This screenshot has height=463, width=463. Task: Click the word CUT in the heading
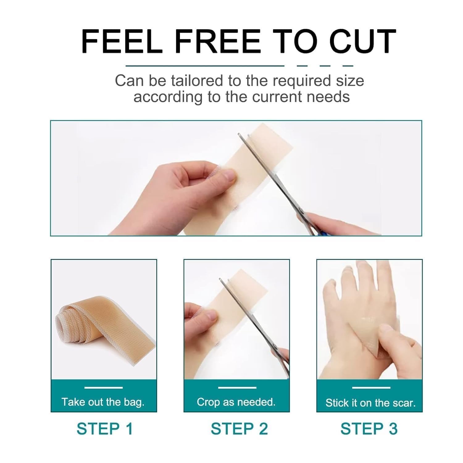[x=363, y=42]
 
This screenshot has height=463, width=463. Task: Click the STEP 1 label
[x=105, y=429]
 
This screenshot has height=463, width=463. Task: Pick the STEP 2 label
[x=239, y=429]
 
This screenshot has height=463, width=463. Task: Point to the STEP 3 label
[x=369, y=429]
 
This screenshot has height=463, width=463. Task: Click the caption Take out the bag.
[x=103, y=402]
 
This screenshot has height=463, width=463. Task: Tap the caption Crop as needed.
[x=236, y=402]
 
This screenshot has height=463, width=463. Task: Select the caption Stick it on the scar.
[x=370, y=403]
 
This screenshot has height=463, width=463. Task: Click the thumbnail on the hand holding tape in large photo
[x=229, y=177]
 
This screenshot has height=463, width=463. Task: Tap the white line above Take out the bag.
[x=103, y=388]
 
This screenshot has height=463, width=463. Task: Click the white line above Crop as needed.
[x=237, y=388]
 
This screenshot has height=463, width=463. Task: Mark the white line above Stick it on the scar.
[x=371, y=388]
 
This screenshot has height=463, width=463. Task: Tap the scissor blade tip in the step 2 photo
[x=220, y=279]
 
